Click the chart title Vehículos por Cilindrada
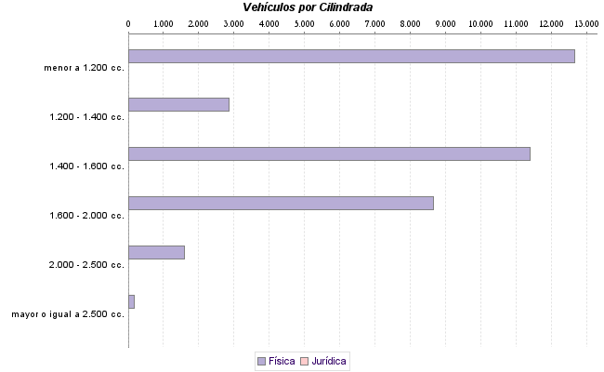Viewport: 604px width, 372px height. pyautogui.click(x=308, y=7)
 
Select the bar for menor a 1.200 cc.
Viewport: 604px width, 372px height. pyautogui.click(x=351, y=56)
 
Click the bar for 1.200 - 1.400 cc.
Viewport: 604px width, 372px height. pyautogui.click(x=178, y=104)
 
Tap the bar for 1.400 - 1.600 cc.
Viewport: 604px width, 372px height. pyautogui.click(x=329, y=153)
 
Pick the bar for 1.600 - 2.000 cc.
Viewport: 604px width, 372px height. pyautogui.click(x=281, y=203)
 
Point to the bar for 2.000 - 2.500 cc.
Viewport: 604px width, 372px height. pyautogui.click(x=156, y=252)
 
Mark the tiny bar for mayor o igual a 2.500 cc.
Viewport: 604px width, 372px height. pyautogui.click(x=131, y=301)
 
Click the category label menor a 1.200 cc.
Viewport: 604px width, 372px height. pyautogui.click(x=84, y=67)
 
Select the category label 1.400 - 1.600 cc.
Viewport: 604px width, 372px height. pyautogui.click(x=87, y=166)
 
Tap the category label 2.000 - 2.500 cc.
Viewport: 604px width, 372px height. pyautogui.click(x=87, y=265)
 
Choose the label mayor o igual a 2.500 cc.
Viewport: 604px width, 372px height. pyautogui.click(x=68, y=314)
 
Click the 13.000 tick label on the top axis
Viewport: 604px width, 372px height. pyautogui.click(x=586, y=22)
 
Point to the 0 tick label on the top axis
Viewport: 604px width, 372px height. pyautogui.click(x=128, y=22)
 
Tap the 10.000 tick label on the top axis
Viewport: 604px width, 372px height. pyautogui.click(x=480, y=22)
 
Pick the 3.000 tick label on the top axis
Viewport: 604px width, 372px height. pyautogui.click(x=233, y=22)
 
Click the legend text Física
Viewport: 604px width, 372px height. pyautogui.click(x=282, y=360)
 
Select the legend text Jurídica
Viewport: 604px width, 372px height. pyautogui.click(x=330, y=360)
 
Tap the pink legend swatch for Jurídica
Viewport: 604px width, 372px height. pyautogui.click(x=305, y=360)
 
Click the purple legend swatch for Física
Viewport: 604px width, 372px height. pyautogui.click(x=261, y=360)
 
